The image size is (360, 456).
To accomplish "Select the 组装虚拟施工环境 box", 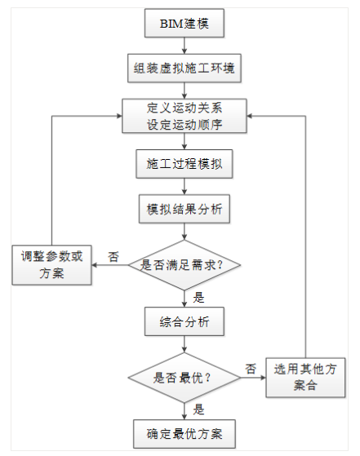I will tap(184, 69).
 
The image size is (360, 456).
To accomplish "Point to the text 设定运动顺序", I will tap(184, 125).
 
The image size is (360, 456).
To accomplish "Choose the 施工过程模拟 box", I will tap(184, 164).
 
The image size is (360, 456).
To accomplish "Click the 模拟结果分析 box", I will tap(184, 209).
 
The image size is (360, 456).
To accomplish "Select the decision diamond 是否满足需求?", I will tap(184, 264).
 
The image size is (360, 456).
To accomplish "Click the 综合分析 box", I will tap(184, 322).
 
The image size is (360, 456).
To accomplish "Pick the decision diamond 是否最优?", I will tap(184, 378).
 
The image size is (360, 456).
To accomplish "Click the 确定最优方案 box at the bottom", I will tap(184, 432).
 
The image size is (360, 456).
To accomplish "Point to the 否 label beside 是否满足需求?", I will tap(113, 256).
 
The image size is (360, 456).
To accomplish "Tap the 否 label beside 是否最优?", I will tap(250, 369).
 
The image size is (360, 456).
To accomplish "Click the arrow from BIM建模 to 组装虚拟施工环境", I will tap(184, 46).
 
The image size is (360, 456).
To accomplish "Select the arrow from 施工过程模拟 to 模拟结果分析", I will tap(184, 187).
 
